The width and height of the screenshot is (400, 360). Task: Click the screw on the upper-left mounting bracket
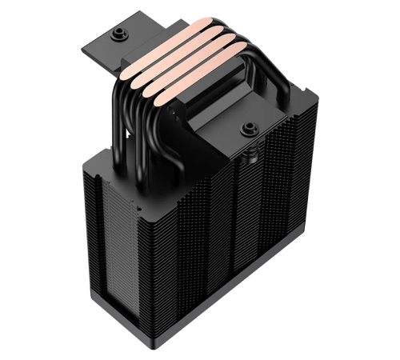[x=120, y=33]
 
